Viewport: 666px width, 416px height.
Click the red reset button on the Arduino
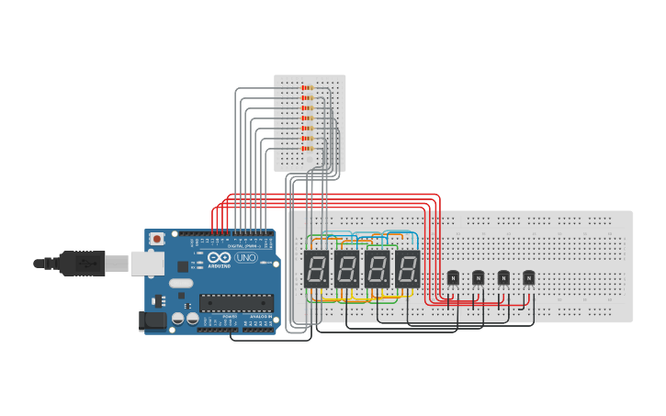click(x=157, y=239)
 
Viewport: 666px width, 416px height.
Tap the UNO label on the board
click(x=246, y=258)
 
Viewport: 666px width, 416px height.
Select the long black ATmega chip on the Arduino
click(x=236, y=302)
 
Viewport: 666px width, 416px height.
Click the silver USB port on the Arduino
click(x=147, y=264)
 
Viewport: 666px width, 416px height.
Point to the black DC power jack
click(x=152, y=320)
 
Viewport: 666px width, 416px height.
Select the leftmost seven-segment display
click(x=316, y=269)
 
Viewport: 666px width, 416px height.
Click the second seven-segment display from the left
click(x=346, y=269)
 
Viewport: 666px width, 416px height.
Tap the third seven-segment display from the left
click(x=377, y=269)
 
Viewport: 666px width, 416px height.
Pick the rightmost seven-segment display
click(x=407, y=269)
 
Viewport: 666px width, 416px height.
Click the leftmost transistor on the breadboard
click(x=452, y=277)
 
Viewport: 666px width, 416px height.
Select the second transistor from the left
click(x=478, y=277)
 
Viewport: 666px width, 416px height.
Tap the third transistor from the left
click(x=503, y=277)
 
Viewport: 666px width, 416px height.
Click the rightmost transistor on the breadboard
click(x=528, y=277)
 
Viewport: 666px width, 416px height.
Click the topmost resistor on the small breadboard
click(x=308, y=88)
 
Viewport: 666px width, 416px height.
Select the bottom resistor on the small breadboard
click(x=308, y=149)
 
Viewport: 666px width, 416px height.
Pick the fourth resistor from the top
click(x=308, y=118)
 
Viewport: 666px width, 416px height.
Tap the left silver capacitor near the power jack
click(x=178, y=319)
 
